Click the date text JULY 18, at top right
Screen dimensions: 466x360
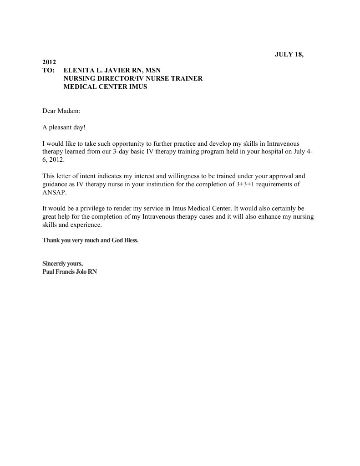click(289, 54)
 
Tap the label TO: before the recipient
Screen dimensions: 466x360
click(48, 71)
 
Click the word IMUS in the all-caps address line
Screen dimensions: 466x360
click(137, 87)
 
